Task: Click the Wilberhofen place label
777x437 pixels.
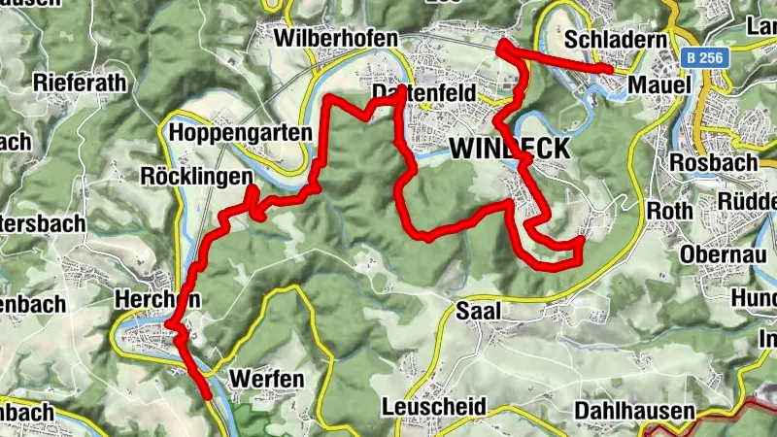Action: [337, 39]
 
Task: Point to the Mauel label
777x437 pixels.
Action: [659, 85]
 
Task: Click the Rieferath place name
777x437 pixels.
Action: [80, 83]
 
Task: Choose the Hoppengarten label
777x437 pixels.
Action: [240, 132]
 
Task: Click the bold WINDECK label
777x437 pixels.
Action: [509, 148]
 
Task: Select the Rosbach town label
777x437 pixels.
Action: [713, 162]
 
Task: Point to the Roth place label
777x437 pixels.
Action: [670, 210]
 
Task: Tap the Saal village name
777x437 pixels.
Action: [476, 312]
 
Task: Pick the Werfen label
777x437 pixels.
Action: [266, 378]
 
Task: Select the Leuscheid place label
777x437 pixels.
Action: [433, 406]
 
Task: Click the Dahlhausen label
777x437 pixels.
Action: [634, 410]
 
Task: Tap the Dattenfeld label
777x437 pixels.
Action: [423, 93]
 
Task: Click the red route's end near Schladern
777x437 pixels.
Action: [609, 69]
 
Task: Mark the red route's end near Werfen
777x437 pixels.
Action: [208, 396]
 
